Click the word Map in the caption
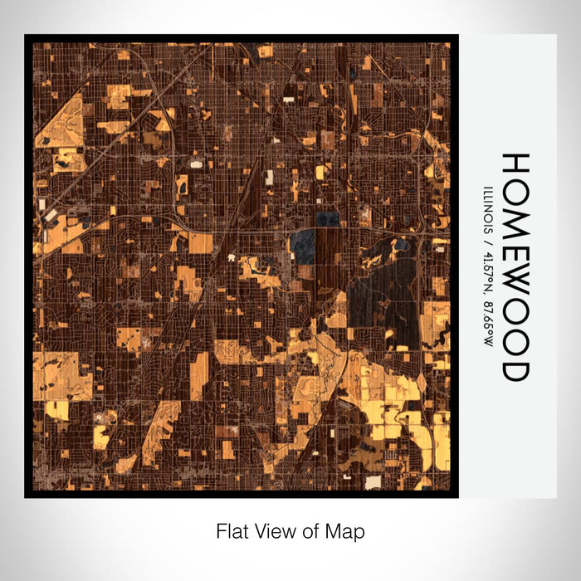[x=347, y=530]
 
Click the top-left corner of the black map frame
[x=26, y=36]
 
